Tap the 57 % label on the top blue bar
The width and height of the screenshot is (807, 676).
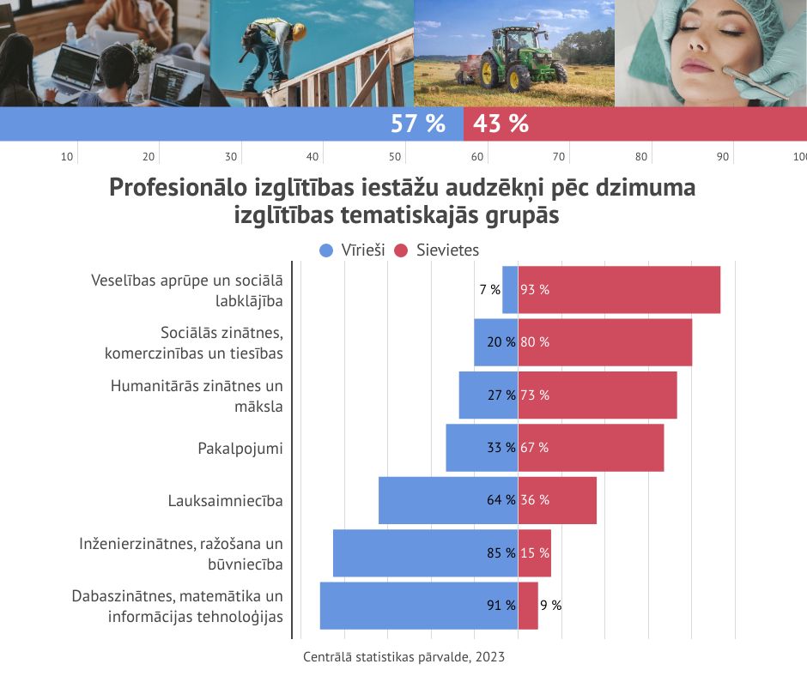(x=418, y=124)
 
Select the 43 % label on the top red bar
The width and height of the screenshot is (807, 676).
(x=501, y=124)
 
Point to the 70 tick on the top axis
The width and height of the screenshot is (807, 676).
(x=559, y=157)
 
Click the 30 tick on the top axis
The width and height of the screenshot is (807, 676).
(x=231, y=157)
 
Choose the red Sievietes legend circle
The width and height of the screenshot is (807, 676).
(x=400, y=250)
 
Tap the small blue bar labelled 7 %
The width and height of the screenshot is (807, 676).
(x=510, y=290)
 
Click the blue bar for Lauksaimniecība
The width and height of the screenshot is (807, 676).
(x=429, y=500)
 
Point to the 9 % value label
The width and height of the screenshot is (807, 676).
(x=551, y=606)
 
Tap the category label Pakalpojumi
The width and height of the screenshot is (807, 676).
(x=240, y=448)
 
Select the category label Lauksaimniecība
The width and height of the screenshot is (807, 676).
(x=226, y=500)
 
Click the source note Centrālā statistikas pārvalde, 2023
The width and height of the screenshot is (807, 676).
(x=403, y=657)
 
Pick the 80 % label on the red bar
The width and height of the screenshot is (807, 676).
(x=535, y=342)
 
